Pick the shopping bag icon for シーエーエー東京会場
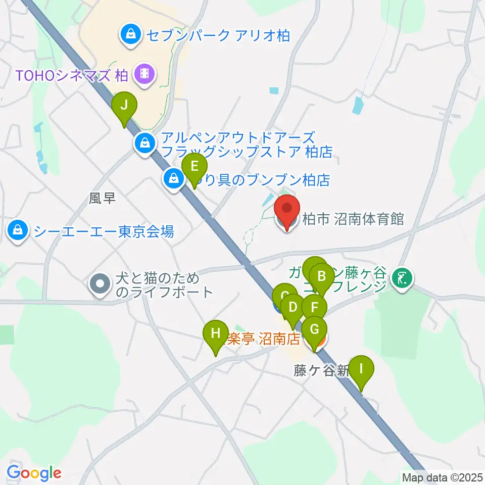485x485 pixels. pyautogui.click(x=18, y=231)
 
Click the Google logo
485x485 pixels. pyautogui.click(x=34, y=473)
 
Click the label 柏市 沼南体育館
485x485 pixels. pyautogui.click(x=353, y=219)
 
